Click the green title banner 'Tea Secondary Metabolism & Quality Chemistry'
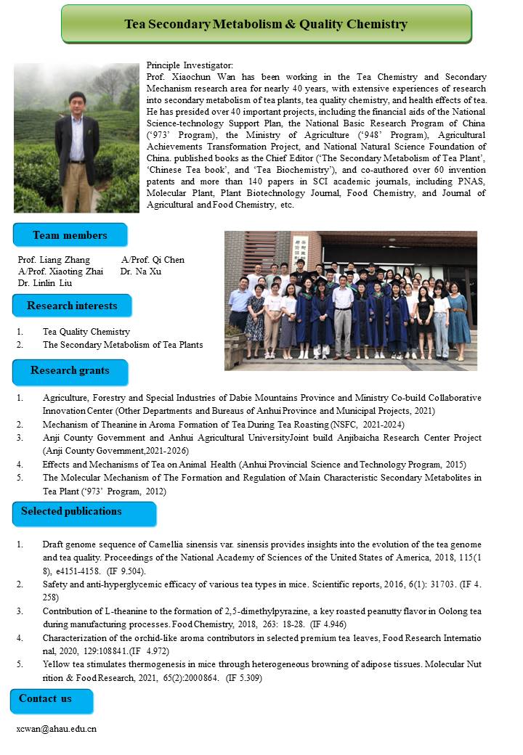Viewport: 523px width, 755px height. (x=266, y=24)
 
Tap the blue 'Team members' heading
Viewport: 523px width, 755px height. (x=70, y=235)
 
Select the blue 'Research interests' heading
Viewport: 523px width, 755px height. (x=71, y=306)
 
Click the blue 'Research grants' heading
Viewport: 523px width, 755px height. (x=70, y=370)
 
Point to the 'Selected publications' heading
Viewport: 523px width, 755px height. (x=71, y=512)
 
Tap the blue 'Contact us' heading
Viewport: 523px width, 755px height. (x=46, y=698)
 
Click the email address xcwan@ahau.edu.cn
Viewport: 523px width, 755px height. (x=57, y=728)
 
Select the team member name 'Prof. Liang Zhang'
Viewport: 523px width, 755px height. (x=54, y=260)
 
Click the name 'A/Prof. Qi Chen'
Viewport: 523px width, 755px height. (x=153, y=260)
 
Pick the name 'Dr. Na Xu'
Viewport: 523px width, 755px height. (x=141, y=271)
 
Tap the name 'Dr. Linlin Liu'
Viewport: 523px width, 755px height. (x=45, y=282)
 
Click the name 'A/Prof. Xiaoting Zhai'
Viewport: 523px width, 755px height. (x=61, y=271)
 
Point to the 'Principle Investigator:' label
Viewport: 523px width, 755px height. (x=190, y=66)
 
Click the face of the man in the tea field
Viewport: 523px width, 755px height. (x=76, y=100)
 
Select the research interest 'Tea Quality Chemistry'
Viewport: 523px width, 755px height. (x=86, y=332)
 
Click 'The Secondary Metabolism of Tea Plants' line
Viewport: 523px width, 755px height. (x=123, y=344)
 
